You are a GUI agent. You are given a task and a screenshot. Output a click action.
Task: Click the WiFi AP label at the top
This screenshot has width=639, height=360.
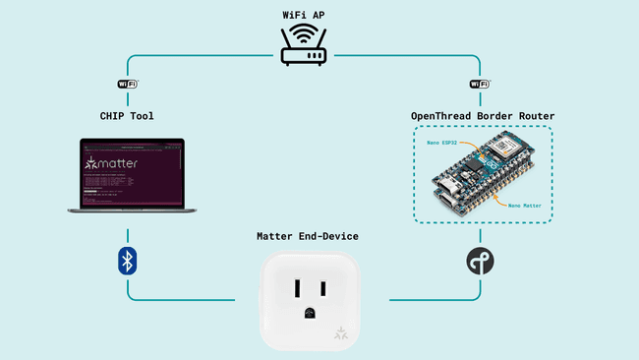[x=303, y=15]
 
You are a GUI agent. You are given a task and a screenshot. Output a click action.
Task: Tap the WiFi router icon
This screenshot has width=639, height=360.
[x=303, y=46]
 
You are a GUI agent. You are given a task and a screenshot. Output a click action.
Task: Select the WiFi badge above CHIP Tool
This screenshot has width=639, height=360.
[x=128, y=85]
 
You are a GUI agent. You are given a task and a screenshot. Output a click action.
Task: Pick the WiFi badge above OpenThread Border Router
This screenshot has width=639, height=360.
[x=480, y=85]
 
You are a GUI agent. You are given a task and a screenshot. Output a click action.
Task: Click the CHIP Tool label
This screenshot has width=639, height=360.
[x=127, y=116]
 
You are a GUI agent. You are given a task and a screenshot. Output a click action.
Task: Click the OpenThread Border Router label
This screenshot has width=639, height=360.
[x=480, y=116]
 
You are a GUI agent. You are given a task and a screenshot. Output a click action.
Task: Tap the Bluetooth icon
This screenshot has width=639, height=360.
[x=127, y=261]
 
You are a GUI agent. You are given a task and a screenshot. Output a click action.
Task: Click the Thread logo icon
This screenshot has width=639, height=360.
[x=480, y=261]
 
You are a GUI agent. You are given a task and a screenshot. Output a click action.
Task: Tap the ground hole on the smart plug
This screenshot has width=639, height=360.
[x=309, y=314]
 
